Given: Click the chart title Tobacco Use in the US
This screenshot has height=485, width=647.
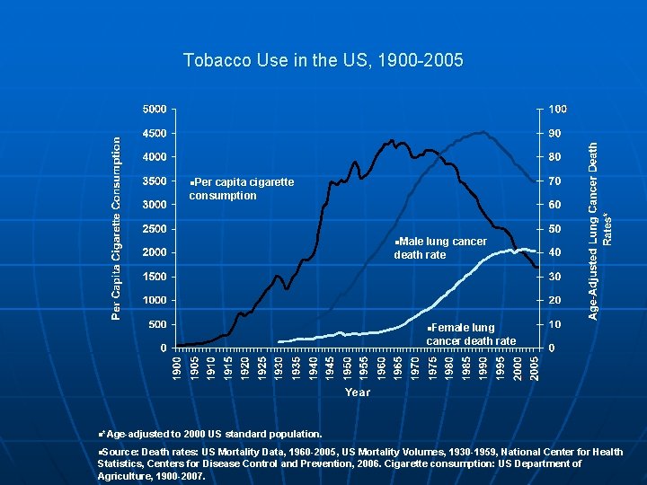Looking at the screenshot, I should click(x=323, y=61).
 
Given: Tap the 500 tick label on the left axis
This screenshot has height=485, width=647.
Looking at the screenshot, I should click(x=155, y=324).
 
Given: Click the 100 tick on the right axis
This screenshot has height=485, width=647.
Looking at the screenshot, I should click(x=557, y=109).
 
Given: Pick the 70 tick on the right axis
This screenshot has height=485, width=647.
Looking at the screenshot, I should click(x=554, y=181).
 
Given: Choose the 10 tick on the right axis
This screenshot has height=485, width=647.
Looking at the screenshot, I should click(x=554, y=324).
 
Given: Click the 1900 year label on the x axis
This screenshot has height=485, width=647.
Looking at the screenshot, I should click(x=178, y=366).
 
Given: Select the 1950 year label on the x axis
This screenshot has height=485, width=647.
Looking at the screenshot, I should click(x=348, y=366).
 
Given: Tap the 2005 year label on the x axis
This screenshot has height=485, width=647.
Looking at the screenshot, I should click(x=534, y=366).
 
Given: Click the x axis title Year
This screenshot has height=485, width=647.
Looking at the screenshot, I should click(x=357, y=392).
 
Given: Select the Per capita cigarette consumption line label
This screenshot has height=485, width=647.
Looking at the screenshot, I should click(x=242, y=189).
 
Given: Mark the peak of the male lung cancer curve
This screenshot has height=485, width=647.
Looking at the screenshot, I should click(x=483, y=132).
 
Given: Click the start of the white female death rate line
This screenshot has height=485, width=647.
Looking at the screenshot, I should click(x=279, y=341).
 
